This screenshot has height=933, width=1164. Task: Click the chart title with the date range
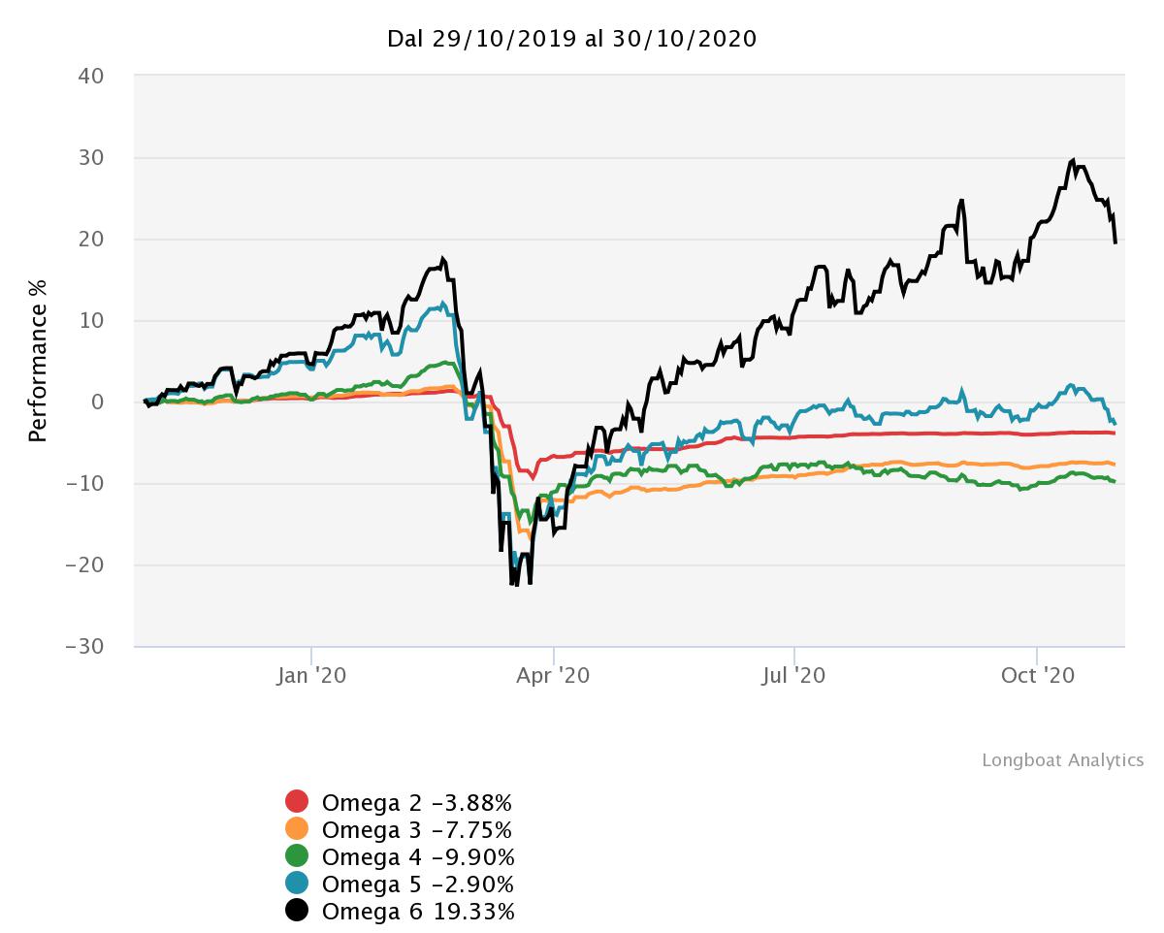point(571,39)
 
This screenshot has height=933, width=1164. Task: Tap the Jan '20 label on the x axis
point(311,675)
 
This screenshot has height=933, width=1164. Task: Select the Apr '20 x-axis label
point(553,675)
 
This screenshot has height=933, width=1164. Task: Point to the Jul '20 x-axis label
point(794,675)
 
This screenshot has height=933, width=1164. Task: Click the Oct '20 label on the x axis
point(1037,675)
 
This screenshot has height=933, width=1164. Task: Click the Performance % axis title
point(38,360)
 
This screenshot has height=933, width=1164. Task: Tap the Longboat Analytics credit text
point(1062,760)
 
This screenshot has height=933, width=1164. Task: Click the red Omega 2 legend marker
point(297,802)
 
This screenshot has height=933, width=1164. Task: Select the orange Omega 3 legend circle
point(297,829)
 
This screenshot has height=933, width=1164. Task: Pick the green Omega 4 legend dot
point(297,856)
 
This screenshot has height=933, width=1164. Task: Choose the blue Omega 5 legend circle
point(297,884)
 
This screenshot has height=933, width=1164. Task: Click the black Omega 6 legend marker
point(297,911)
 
